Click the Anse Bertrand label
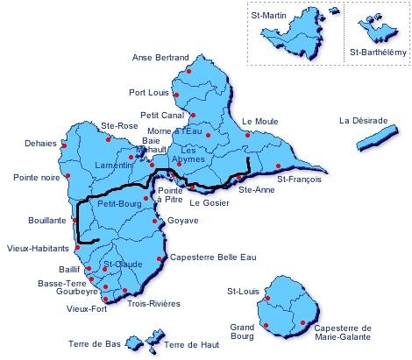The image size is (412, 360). pyautogui.click(x=155, y=58)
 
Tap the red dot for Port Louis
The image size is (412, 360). pyautogui.click(x=176, y=95)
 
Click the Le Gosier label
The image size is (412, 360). pyautogui.click(x=207, y=202)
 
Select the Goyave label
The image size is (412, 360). pyautogui.click(x=181, y=220)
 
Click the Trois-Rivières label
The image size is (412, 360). pyautogui.click(x=153, y=303)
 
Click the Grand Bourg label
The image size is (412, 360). pyautogui.click(x=240, y=332)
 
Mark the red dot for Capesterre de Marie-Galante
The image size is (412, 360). pyautogui.click(x=302, y=323)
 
